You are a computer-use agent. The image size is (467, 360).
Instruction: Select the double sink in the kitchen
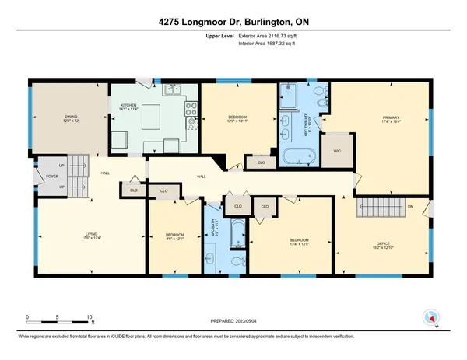[x=172, y=92]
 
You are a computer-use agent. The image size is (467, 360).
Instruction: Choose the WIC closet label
[x=337, y=149]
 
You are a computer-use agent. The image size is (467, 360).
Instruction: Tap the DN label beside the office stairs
[x=411, y=205]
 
